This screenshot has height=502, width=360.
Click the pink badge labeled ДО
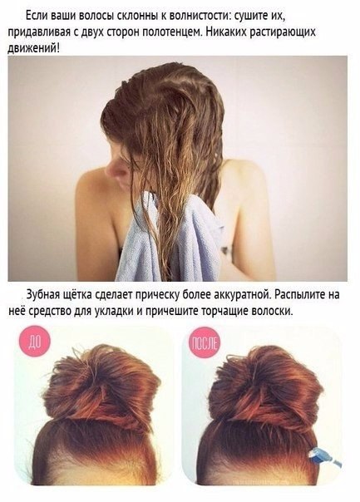35,342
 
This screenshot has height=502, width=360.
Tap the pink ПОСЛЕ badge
204,342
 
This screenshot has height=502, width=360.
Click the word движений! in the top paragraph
33,49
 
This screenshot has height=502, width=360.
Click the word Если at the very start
33,16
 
